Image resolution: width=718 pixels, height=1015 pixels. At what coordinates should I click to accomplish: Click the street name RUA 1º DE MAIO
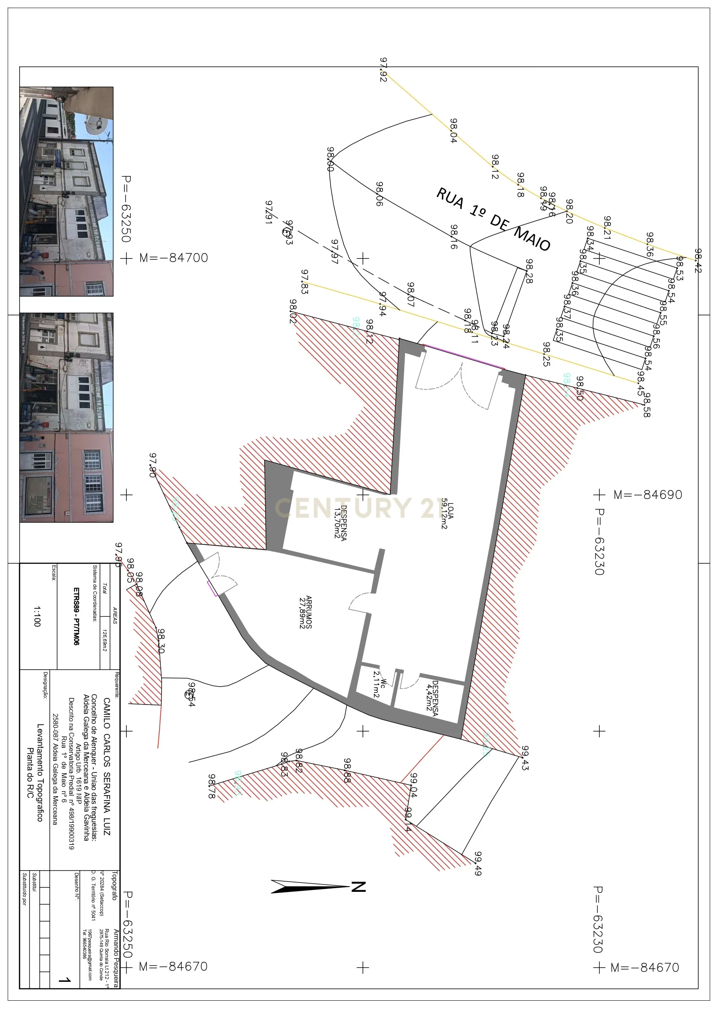click(x=493, y=219)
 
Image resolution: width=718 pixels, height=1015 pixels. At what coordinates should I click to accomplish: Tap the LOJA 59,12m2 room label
click(x=447, y=515)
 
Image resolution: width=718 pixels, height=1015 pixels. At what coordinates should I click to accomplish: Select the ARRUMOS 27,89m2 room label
click(x=306, y=612)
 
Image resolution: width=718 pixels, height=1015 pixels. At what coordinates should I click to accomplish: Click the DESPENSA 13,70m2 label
click(x=340, y=522)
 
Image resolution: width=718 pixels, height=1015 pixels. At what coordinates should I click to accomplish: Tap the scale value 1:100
click(x=37, y=616)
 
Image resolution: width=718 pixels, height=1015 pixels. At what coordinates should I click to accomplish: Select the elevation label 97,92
click(x=383, y=70)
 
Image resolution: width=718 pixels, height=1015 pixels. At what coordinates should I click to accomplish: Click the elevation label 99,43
click(x=525, y=758)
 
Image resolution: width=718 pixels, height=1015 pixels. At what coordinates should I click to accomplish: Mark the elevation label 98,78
click(x=212, y=786)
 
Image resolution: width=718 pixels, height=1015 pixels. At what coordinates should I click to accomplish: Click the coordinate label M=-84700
click(x=173, y=258)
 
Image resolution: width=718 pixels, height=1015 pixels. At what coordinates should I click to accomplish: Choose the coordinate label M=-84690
click(x=648, y=495)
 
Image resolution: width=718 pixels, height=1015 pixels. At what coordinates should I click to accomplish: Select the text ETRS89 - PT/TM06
click(x=77, y=616)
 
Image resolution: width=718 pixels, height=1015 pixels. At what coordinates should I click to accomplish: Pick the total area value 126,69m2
click(x=104, y=641)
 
